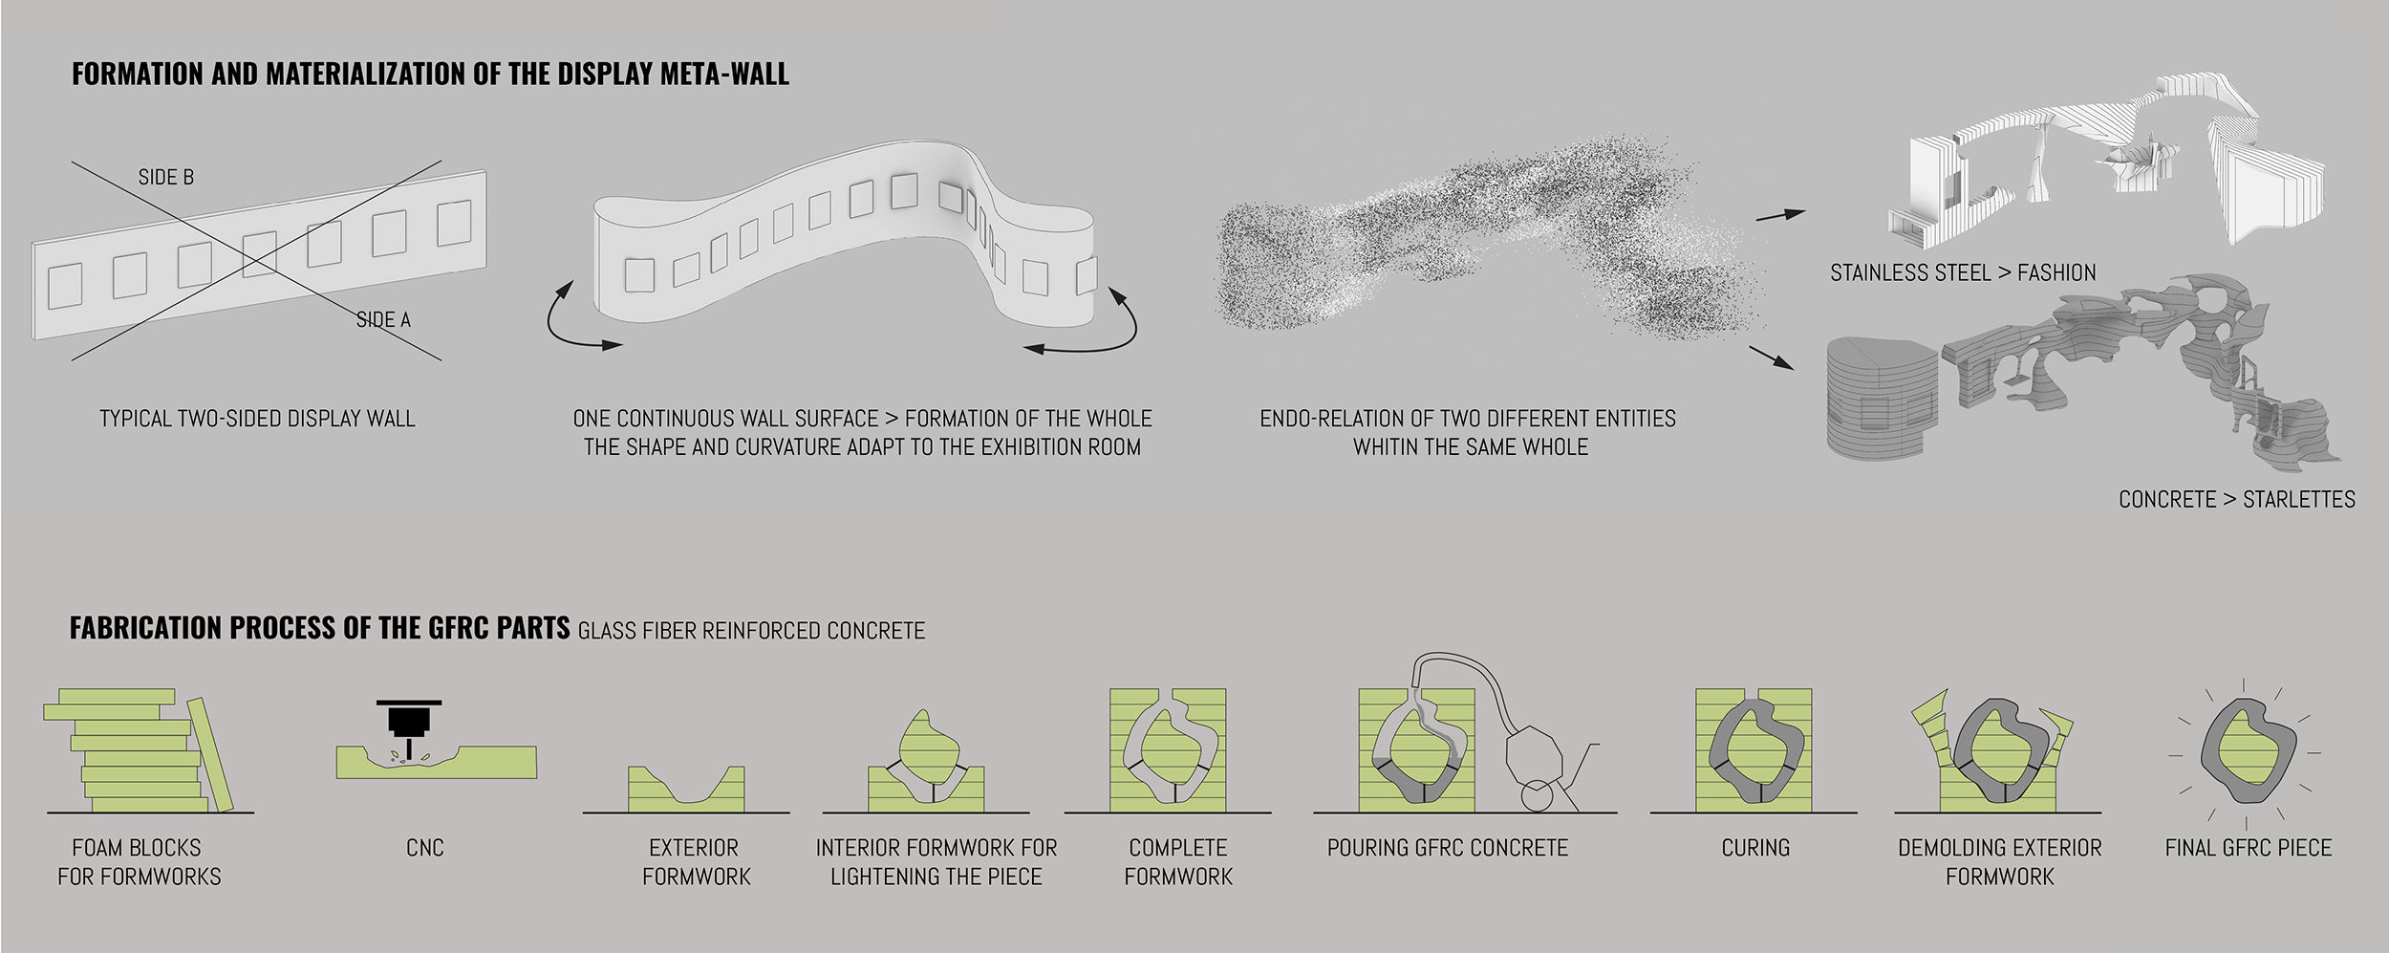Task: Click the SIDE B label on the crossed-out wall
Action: [x=166, y=178]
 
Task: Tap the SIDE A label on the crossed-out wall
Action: [x=383, y=320]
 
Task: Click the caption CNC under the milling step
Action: [x=425, y=848]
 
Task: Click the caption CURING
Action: [x=1755, y=848]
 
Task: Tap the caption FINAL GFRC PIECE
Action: [x=2248, y=848]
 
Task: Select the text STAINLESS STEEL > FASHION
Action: [x=1963, y=273]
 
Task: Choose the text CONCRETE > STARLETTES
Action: [x=2236, y=500]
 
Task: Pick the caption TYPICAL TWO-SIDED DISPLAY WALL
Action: [x=257, y=419]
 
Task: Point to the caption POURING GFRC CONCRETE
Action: [x=1448, y=848]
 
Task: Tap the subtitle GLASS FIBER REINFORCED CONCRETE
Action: [x=751, y=631]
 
